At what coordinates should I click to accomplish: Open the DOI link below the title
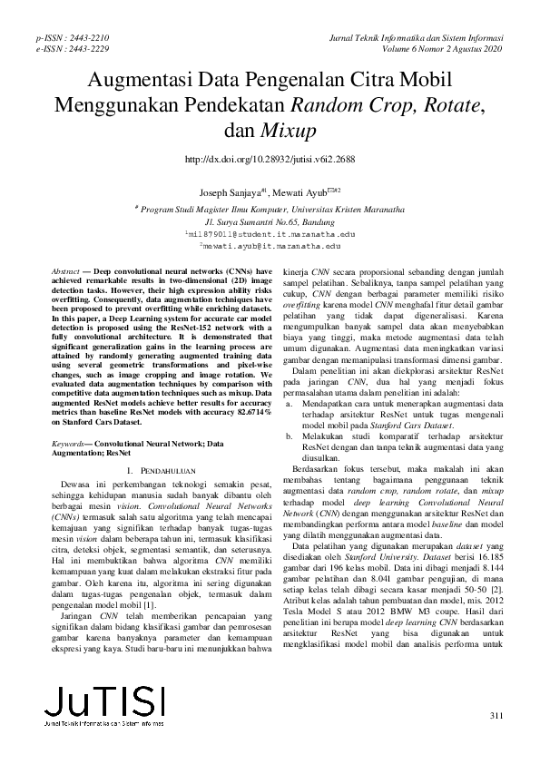[x=270, y=159]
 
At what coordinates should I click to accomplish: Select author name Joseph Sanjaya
[x=232, y=192]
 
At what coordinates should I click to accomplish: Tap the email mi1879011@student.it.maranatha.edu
[x=270, y=233]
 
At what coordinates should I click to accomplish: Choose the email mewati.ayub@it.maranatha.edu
[x=270, y=245]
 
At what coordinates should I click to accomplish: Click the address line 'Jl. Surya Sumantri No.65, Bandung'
[x=270, y=220]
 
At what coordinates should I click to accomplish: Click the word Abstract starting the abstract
[x=65, y=272]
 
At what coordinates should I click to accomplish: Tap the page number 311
[x=495, y=716]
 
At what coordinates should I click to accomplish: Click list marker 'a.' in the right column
[x=290, y=402]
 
